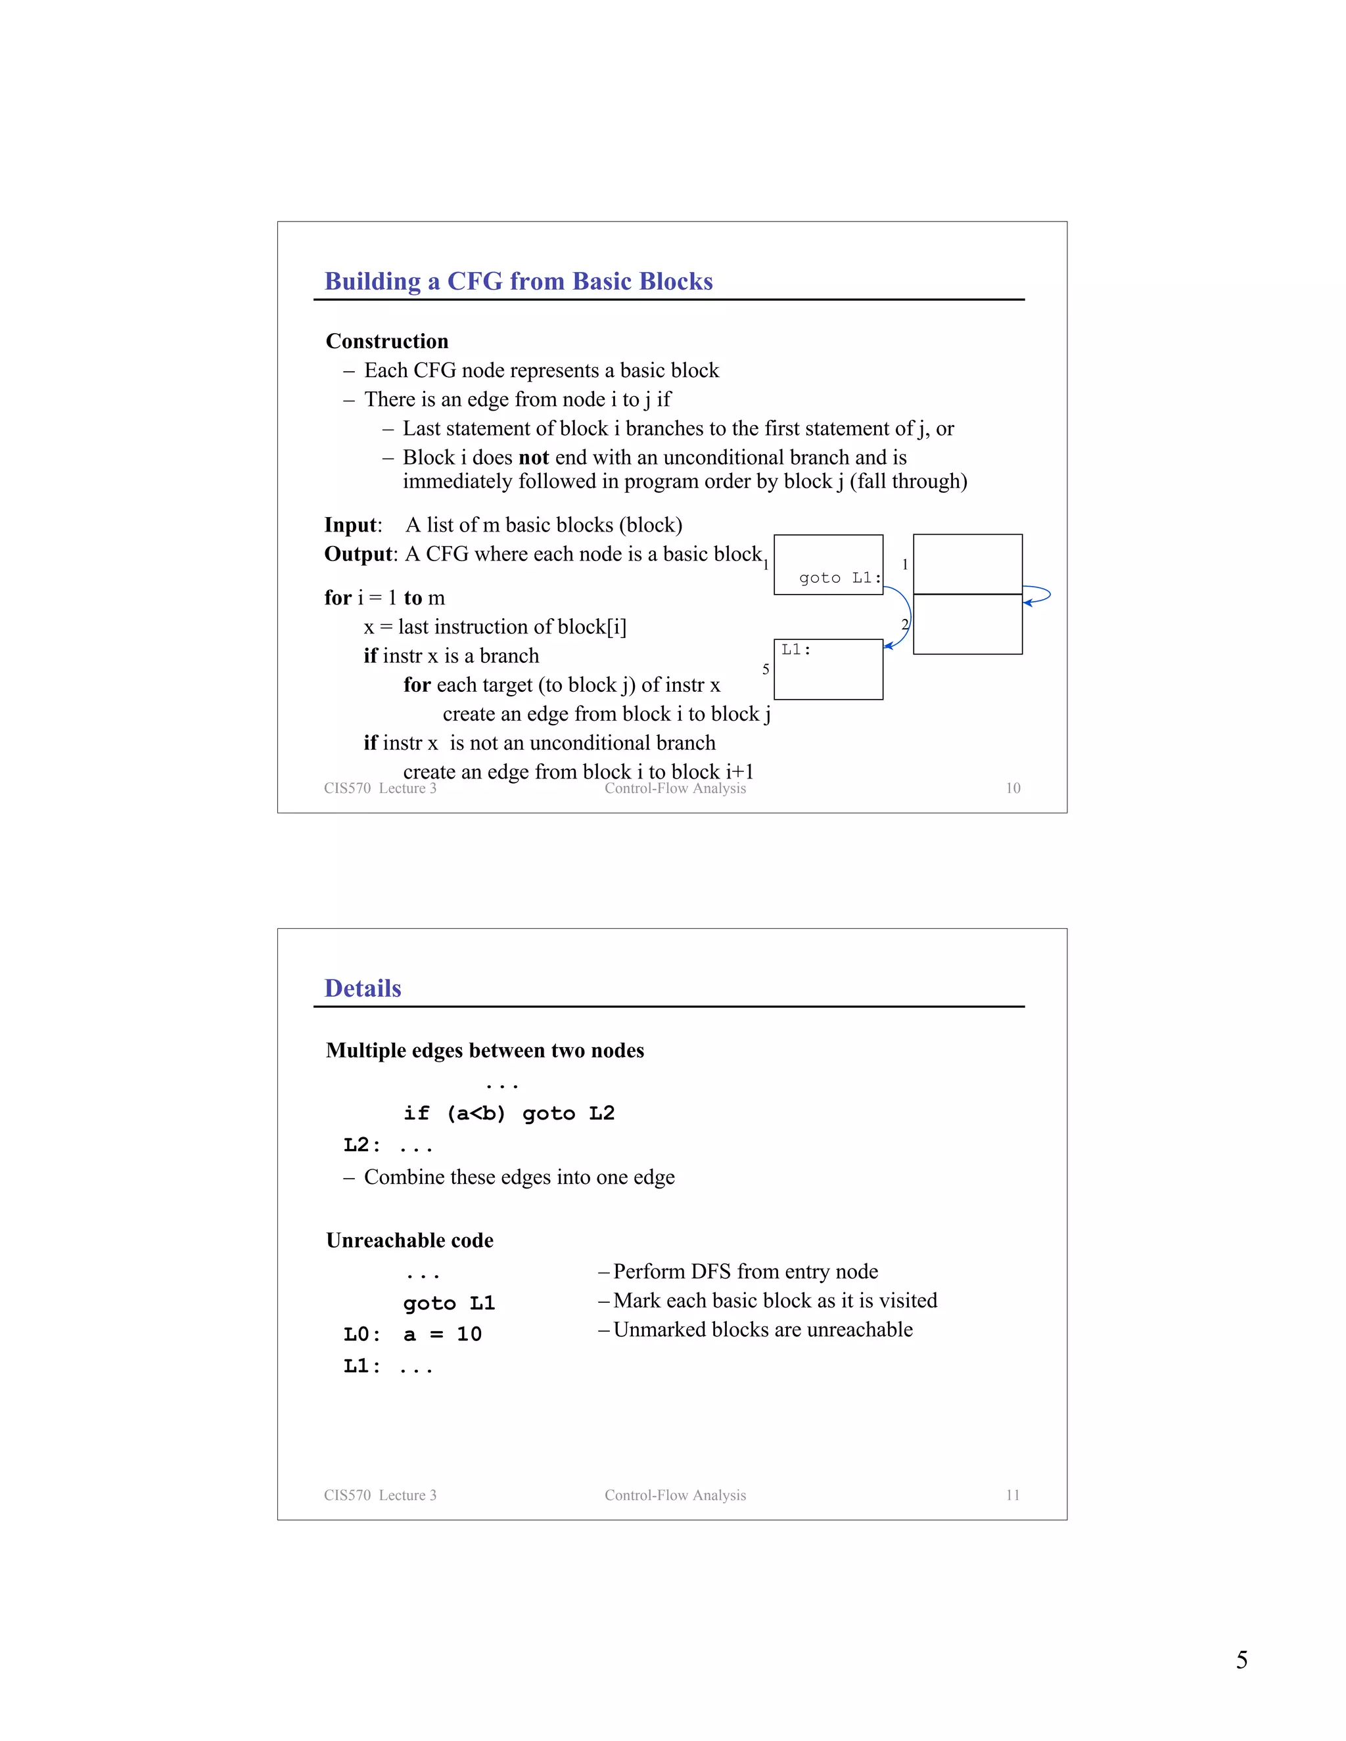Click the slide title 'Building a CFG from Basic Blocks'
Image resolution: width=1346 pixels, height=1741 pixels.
point(519,281)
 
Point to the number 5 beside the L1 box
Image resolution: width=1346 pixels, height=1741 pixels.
point(766,669)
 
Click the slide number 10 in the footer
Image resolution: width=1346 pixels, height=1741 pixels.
point(1013,788)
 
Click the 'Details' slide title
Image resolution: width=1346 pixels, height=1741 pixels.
point(363,989)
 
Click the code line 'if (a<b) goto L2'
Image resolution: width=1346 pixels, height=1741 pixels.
point(509,1114)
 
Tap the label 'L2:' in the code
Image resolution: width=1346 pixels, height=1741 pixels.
point(361,1146)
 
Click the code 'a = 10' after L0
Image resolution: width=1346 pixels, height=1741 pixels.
point(442,1334)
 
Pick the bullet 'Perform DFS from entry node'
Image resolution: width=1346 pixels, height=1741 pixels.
point(745,1271)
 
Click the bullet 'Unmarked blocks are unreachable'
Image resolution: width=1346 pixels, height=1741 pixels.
point(762,1330)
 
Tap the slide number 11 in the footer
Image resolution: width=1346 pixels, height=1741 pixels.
point(1013,1495)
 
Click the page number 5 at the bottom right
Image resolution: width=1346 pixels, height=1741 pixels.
point(1242,1660)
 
